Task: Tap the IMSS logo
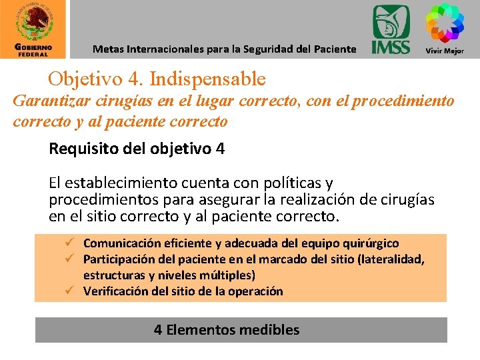coord(391,29)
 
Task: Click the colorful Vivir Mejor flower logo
coord(445,24)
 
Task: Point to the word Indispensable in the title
coord(208,79)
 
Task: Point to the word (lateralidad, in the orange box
coord(395,259)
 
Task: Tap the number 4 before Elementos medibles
coord(158,329)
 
